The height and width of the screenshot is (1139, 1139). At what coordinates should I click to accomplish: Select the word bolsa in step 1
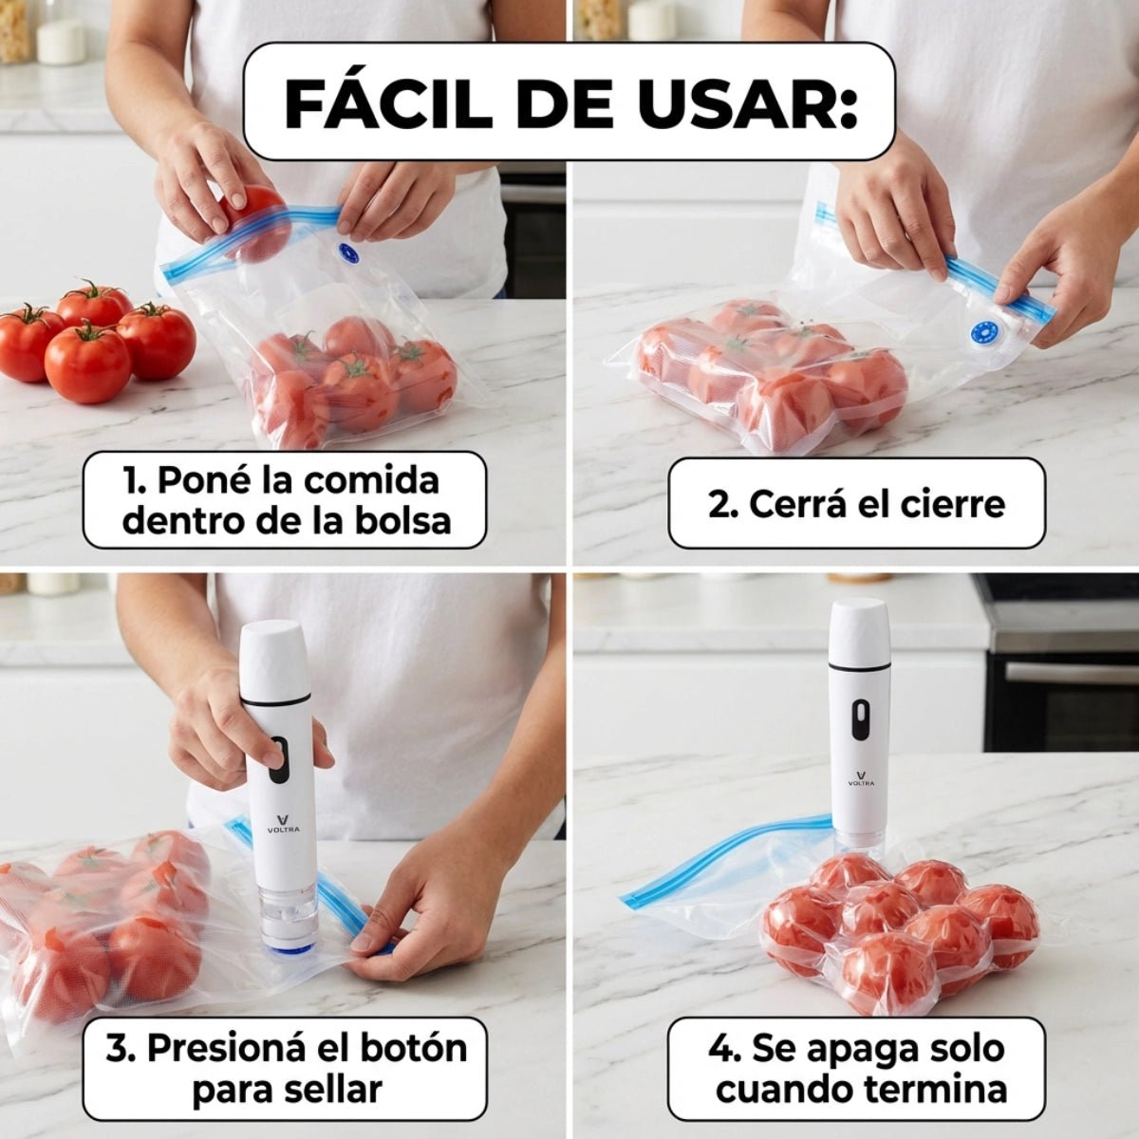tap(405, 520)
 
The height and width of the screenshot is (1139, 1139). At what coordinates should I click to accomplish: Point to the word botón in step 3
tap(414, 1048)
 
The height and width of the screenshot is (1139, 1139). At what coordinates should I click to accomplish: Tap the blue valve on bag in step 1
tap(347, 253)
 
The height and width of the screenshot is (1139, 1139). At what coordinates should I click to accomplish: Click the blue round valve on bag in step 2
tap(981, 333)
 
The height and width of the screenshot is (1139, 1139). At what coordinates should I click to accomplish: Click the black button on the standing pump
tap(859, 719)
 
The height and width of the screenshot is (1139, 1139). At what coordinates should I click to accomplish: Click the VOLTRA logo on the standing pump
tap(862, 778)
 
